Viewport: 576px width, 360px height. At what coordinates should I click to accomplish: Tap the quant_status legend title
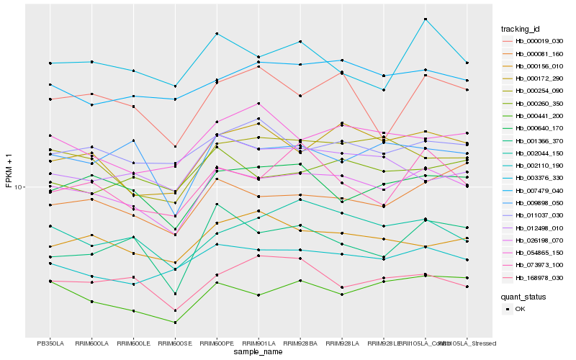(523, 296)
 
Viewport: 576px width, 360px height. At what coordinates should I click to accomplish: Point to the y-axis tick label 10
(19, 187)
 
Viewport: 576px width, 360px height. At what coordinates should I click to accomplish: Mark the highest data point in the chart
(426, 19)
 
